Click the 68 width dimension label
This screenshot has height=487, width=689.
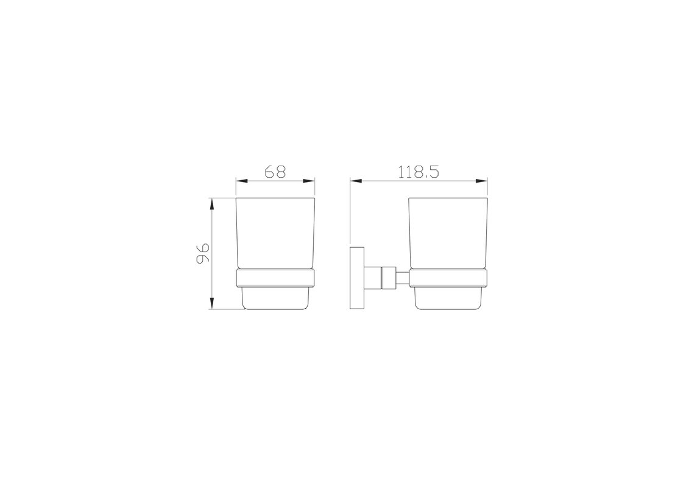click(275, 171)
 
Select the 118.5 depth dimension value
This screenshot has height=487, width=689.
click(419, 171)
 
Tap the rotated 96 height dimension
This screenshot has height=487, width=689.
click(203, 253)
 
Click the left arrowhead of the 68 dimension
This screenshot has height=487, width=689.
click(242, 180)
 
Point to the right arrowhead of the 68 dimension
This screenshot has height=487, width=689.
click(309, 180)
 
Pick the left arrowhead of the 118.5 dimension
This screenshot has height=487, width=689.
click(356, 180)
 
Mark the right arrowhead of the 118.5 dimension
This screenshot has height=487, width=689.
click(482, 180)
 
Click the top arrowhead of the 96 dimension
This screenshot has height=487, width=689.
click(212, 204)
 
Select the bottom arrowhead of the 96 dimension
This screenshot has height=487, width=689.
click(212, 303)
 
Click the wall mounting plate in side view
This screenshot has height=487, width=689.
click(358, 278)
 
